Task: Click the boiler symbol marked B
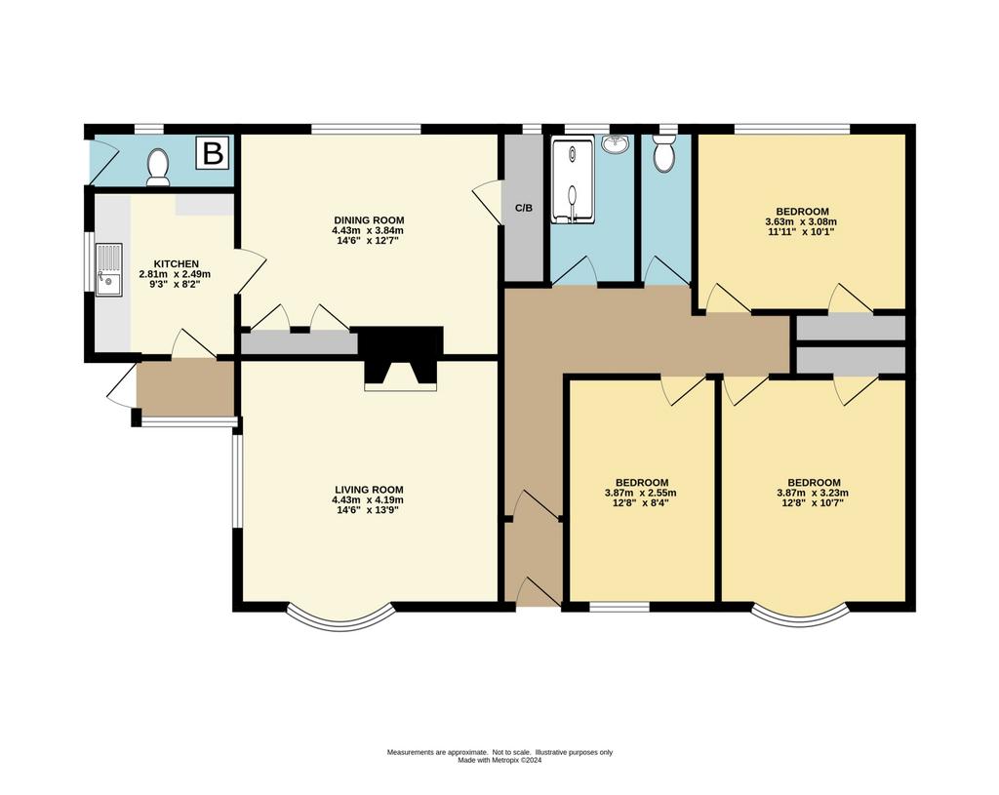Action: (213, 153)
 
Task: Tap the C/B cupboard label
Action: (523, 209)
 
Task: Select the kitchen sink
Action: (108, 269)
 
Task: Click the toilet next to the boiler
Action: (157, 167)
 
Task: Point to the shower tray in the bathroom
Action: (574, 180)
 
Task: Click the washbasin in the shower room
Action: (616, 143)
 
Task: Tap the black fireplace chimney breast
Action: (401, 356)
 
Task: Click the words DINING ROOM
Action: (368, 220)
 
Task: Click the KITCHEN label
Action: (176, 263)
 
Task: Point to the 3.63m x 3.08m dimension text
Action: (802, 221)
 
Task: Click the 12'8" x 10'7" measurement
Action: (814, 502)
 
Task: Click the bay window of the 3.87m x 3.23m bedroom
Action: (800, 622)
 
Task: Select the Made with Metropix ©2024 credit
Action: (499, 760)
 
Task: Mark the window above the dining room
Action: (367, 130)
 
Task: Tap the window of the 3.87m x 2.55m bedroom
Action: (619, 607)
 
